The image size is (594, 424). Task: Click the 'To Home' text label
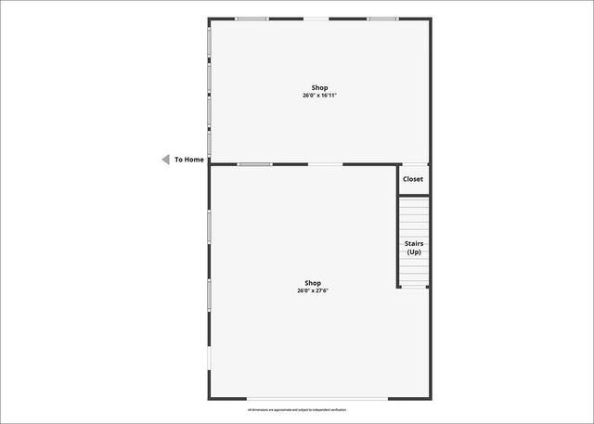coord(189,160)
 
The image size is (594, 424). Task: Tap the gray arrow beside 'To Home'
coord(165,160)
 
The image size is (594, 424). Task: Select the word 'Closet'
coord(413,179)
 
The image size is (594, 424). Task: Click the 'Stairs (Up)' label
coord(413,248)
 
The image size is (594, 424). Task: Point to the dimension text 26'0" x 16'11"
coord(319,96)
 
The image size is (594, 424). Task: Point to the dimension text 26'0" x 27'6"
coord(313,290)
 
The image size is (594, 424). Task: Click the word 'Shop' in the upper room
coord(319,88)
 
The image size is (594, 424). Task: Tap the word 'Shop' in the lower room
coord(313,283)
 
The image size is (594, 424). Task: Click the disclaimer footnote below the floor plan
coord(297,410)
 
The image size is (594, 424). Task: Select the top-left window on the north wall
coord(251,19)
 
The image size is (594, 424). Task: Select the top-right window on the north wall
coord(382,19)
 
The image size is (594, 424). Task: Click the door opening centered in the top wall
coord(316,19)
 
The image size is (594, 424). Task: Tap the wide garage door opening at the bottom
coord(316,399)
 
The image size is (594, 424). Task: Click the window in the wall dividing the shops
coord(253,164)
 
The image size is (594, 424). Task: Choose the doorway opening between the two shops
coord(325,164)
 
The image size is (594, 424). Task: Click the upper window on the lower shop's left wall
coord(209,227)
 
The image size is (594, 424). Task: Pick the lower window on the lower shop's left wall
coord(209,295)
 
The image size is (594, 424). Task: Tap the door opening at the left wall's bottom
coord(209,358)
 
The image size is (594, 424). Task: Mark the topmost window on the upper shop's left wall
coord(209,42)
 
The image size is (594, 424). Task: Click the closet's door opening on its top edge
coord(414,164)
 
